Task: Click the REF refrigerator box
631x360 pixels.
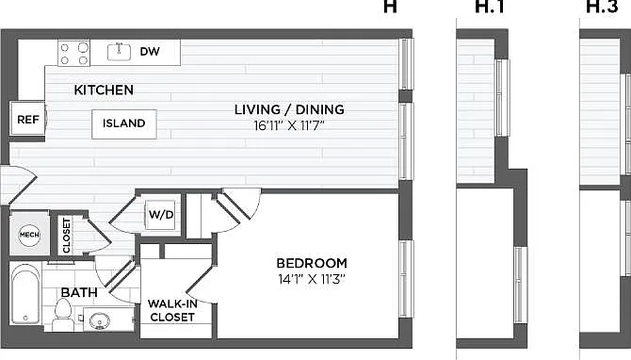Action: [x=27, y=119]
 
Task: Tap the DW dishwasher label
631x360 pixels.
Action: [x=150, y=52]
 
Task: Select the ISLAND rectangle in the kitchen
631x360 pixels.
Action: [x=124, y=124]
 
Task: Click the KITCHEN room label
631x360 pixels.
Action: [x=104, y=90]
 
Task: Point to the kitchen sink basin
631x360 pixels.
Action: [x=119, y=52]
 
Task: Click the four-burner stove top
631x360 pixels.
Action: [x=74, y=53]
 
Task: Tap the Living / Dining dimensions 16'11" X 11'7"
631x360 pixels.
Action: [x=289, y=125]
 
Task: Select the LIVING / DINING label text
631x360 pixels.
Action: [x=289, y=109]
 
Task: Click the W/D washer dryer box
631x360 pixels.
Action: [x=160, y=215]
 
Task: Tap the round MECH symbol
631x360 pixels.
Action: [x=29, y=235]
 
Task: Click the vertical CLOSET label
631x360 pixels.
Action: [x=67, y=236]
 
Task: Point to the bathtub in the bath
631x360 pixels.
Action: [x=24, y=296]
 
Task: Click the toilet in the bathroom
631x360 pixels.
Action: [x=63, y=314]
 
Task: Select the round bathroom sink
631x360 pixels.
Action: [x=100, y=321]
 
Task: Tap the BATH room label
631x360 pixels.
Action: [x=79, y=292]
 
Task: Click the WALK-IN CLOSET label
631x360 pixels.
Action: [x=172, y=310]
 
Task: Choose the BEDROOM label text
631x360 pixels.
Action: [x=312, y=263]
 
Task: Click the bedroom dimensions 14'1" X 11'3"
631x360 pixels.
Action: [x=312, y=279]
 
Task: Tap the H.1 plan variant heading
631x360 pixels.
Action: [x=490, y=7]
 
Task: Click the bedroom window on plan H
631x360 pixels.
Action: [x=407, y=280]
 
